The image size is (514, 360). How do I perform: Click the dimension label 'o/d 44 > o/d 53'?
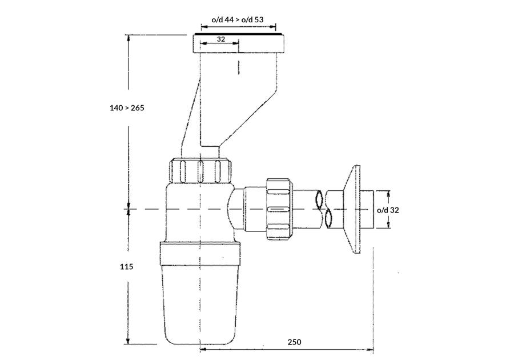[238, 19]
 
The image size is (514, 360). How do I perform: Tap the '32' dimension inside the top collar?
[221, 39]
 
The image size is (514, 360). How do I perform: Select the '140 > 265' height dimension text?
[127, 107]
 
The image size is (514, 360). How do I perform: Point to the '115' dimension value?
[127, 266]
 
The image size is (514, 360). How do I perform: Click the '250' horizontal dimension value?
[294, 342]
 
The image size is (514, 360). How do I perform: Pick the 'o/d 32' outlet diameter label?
[388, 210]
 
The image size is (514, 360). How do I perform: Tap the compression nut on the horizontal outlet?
[279, 209]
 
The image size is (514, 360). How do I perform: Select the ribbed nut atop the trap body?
[200, 170]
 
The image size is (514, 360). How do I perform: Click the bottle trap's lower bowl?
[200, 304]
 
